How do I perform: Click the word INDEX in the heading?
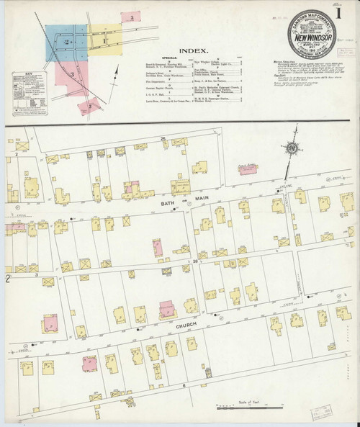click(x=194, y=51)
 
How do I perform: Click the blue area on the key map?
click(x=58, y=44)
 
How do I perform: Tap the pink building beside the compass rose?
click(x=250, y=167)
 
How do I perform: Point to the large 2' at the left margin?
click(x=9, y=277)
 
